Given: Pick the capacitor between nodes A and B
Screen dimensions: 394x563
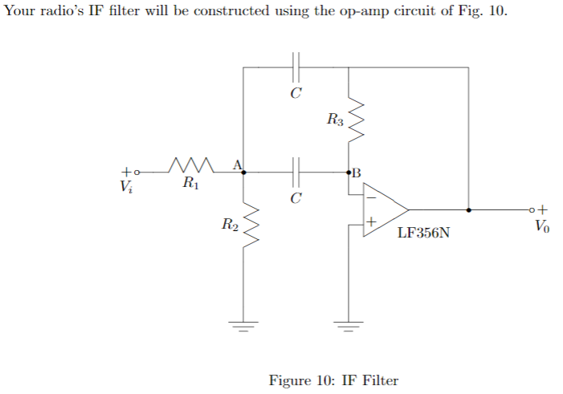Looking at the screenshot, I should [x=296, y=172].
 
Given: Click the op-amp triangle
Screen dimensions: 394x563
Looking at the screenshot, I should [x=383, y=209].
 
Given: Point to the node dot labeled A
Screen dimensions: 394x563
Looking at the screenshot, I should [x=244, y=172].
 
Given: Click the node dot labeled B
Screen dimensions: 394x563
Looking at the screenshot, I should [x=349, y=172].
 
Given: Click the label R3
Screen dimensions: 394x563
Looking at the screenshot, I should [x=335, y=121].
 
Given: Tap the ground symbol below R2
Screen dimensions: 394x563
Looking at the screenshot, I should [x=244, y=327].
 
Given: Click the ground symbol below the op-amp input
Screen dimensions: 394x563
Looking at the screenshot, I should [x=349, y=327].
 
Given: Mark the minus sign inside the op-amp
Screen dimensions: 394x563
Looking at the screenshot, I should [x=371, y=197].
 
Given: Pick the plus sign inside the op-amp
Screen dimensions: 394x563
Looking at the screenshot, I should [x=371, y=221].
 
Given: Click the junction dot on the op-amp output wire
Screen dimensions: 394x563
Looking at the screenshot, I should [x=468, y=209].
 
